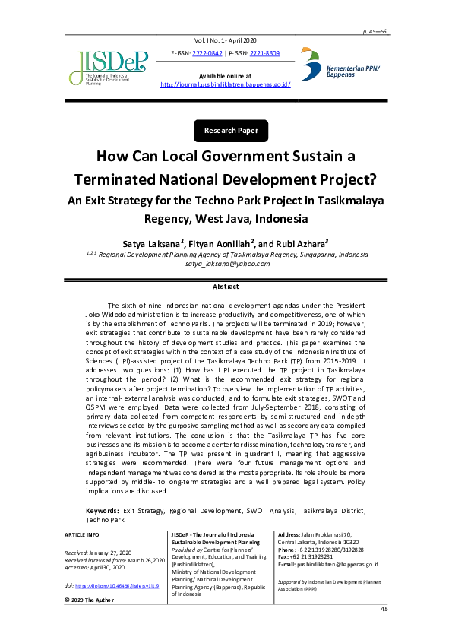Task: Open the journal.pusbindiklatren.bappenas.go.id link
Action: pos(226,85)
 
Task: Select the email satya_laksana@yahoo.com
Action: pos(226,264)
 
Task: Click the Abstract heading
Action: pos(226,287)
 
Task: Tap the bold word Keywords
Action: pos(102,511)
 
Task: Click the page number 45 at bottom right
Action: pos(384,610)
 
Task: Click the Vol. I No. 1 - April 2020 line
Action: pos(226,39)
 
